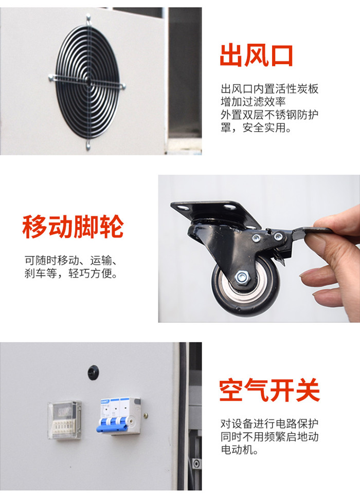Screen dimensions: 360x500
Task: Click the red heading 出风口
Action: [x=256, y=56]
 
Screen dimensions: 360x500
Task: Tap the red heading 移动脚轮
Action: [x=73, y=227]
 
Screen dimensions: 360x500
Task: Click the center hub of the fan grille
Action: [x=88, y=81]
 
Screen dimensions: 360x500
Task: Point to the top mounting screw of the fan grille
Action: [x=88, y=18]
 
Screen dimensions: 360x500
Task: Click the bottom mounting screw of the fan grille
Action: [x=88, y=146]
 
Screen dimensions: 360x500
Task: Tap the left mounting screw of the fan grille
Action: [x=51, y=77]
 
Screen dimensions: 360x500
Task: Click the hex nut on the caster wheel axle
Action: [x=242, y=276]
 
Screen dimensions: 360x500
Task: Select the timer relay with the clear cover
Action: [x=64, y=419]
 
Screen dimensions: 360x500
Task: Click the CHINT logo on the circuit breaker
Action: [x=105, y=401]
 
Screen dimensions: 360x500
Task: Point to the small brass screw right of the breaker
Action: [x=146, y=416]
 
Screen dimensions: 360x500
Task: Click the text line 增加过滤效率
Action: [x=253, y=102]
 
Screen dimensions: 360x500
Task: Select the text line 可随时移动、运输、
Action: [x=71, y=260]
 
